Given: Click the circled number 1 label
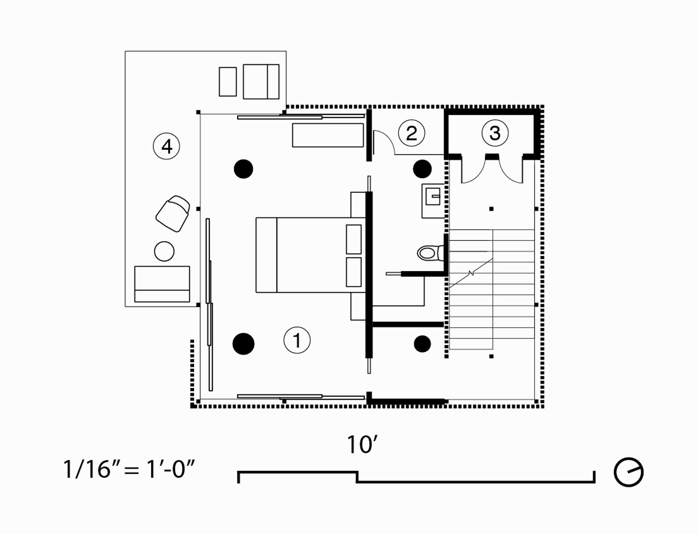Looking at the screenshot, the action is pyautogui.click(x=297, y=340).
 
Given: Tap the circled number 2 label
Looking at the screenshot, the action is pyautogui.click(x=412, y=133).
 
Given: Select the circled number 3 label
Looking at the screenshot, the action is pyautogui.click(x=495, y=133).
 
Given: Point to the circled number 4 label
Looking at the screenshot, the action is pyautogui.click(x=167, y=146).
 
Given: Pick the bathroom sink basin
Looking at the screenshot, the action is pyautogui.click(x=433, y=196).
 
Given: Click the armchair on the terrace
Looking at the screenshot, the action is pyautogui.click(x=173, y=213).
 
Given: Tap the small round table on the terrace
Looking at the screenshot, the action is pyautogui.click(x=164, y=251).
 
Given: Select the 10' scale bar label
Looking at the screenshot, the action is pyautogui.click(x=362, y=445).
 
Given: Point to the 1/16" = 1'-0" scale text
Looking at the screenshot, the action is pyautogui.click(x=129, y=469).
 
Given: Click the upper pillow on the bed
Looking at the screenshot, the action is pyautogui.click(x=353, y=239).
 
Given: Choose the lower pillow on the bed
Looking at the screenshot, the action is pyautogui.click(x=353, y=272).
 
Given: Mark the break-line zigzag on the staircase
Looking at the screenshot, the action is pyautogui.click(x=471, y=273).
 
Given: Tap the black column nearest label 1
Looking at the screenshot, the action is pyautogui.click(x=244, y=344).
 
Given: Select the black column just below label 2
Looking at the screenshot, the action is pyautogui.click(x=422, y=169).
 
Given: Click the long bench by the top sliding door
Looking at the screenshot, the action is pyautogui.click(x=328, y=135).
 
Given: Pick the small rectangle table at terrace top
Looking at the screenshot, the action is pyautogui.click(x=228, y=82).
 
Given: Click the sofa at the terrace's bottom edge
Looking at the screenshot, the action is pyautogui.click(x=162, y=284).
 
